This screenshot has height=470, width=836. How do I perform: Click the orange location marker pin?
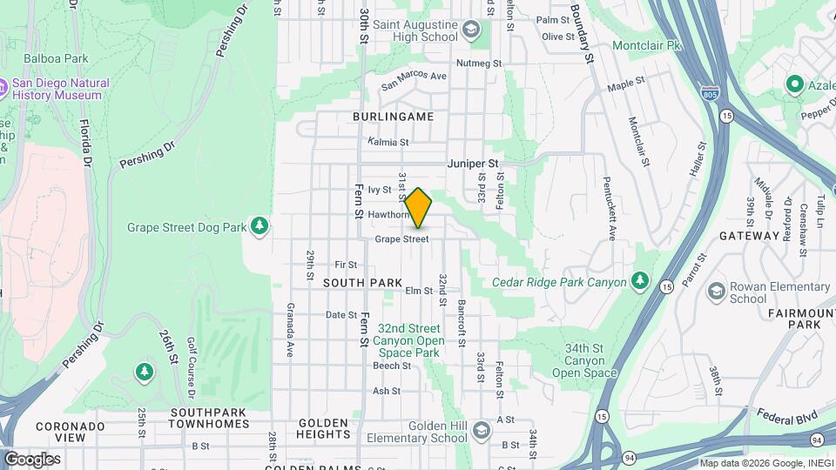click(418, 208)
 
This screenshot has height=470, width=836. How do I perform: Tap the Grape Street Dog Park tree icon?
click(259, 227)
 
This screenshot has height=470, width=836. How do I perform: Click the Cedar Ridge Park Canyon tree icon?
click(640, 280)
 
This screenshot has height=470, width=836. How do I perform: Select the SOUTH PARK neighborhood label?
click(363, 283)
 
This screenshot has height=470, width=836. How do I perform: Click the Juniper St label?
click(473, 163)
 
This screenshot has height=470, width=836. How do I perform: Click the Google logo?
click(31, 459)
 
